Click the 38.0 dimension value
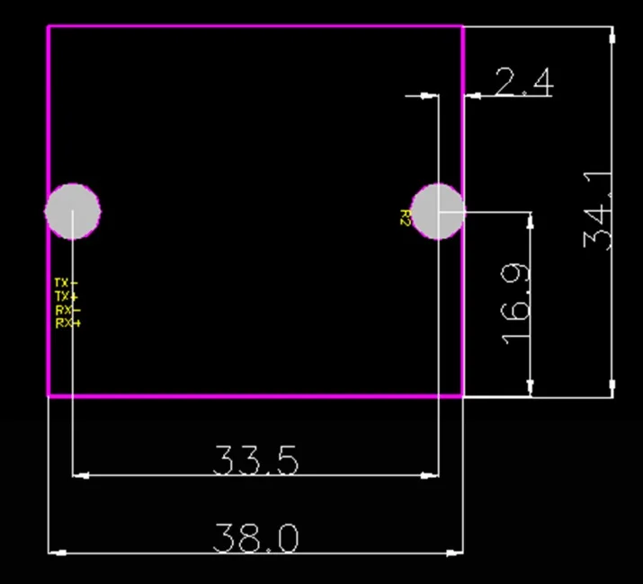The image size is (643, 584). tap(255, 539)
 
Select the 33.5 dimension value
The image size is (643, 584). tap(255, 461)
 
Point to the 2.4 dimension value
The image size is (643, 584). tap(522, 84)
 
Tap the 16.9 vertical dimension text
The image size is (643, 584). tap(516, 304)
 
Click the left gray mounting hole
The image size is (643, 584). tap(73, 212)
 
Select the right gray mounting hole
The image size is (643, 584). tap(438, 212)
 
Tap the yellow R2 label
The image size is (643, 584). tap(406, 217)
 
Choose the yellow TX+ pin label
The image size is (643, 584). tap(67, 296)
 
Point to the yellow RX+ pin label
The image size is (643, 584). tap(67, 323)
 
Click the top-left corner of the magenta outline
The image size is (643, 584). tap(49, 26)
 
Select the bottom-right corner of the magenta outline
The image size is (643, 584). tap(463, 395)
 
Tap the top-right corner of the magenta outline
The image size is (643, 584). tap(463, 26)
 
